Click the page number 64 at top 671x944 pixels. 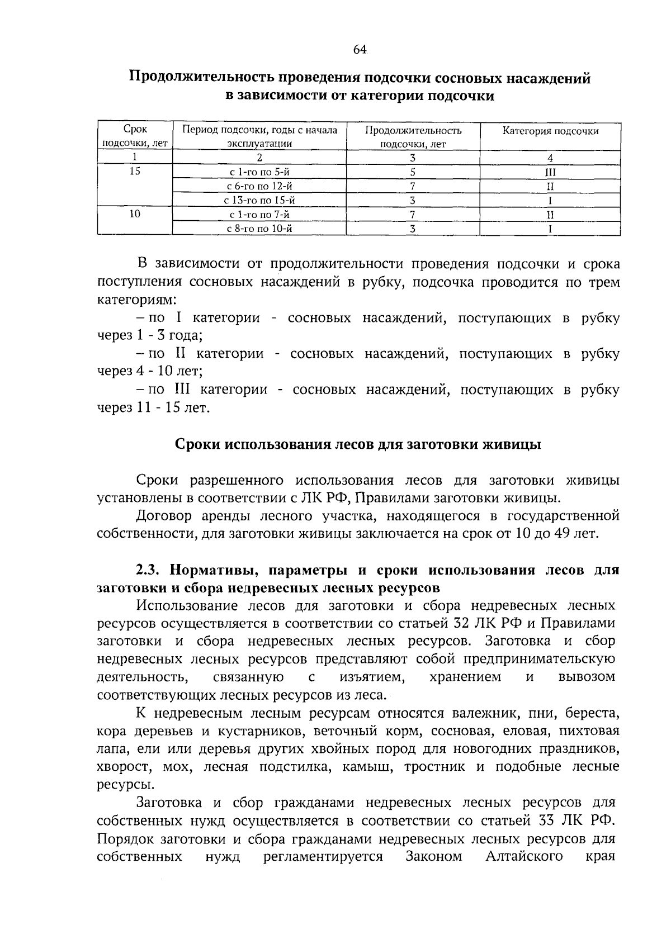tap(360, 50)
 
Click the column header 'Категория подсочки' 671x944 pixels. tap(550, 131)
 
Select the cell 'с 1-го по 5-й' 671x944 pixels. tap(260, 172)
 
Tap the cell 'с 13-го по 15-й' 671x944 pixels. tap(260, 200)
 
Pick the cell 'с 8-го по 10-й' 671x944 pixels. tap(260, 229)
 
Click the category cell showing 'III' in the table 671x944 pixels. tap(550, 172)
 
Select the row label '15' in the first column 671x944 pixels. tap(135, 172)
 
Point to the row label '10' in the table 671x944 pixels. tap(135, 214)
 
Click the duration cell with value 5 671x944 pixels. tap(413, 172)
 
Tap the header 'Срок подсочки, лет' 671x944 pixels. tap(135, 136)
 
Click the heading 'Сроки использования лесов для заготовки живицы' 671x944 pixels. tap(358, 444)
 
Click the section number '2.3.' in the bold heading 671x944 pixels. tap(150, 571)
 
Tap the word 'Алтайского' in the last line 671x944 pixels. tap(524, 857)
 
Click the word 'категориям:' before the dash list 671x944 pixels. tap(136, 300)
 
